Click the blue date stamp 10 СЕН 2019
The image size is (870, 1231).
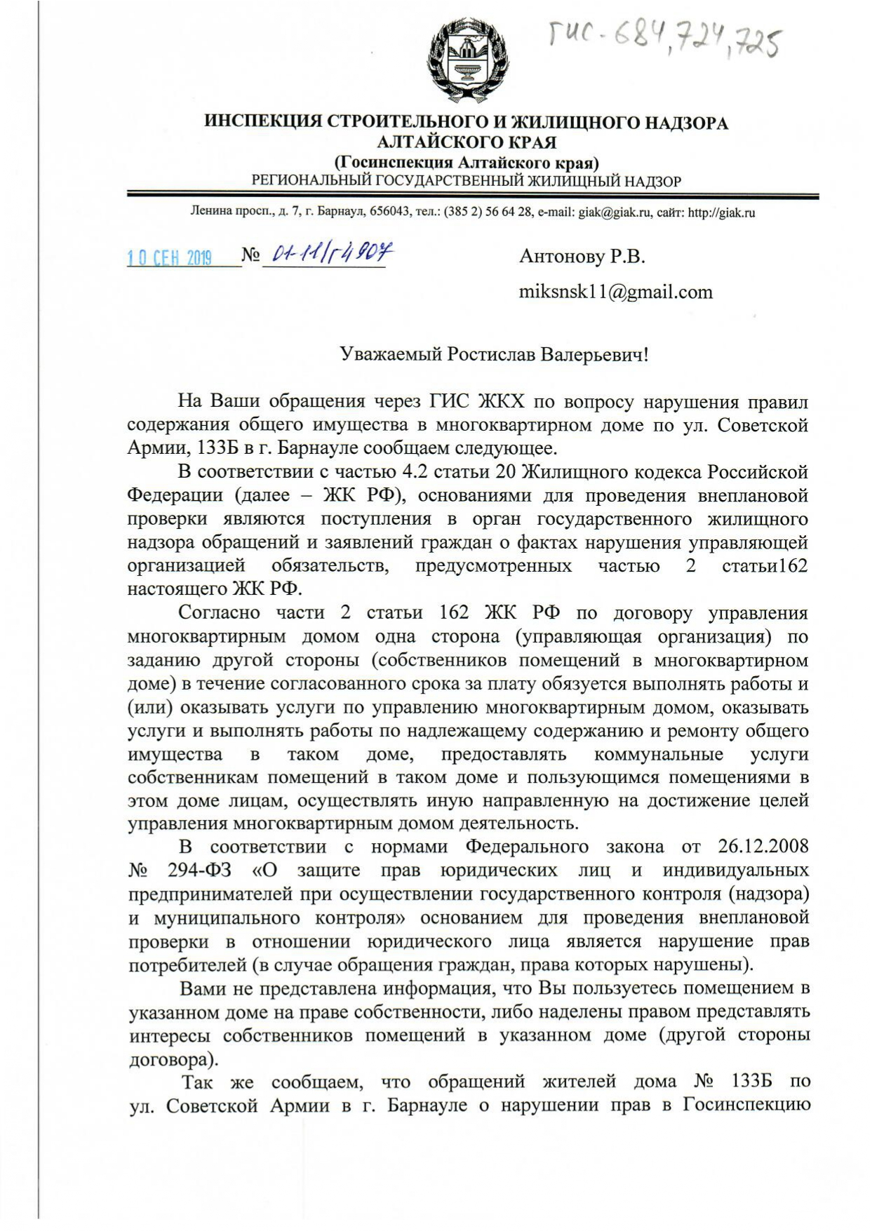[169, 257]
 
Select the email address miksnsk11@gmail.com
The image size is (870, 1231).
[615, 292]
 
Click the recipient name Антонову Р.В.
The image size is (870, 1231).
[582, 256]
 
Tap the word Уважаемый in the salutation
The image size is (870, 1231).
[391, 354]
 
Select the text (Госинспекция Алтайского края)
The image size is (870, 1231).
[466, 163]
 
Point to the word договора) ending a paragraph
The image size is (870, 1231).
[169, 1058]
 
